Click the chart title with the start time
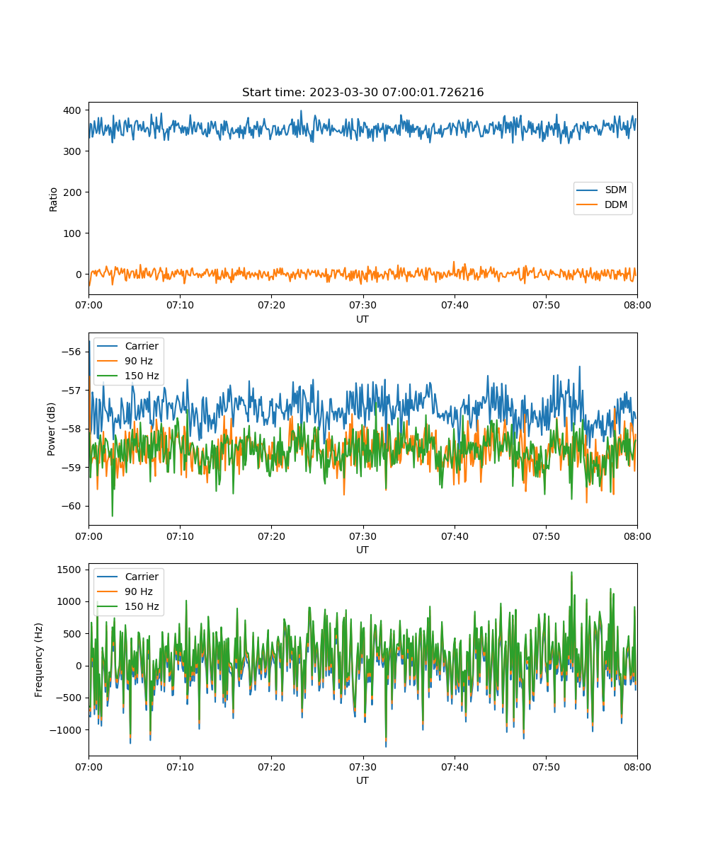tap(362, 92)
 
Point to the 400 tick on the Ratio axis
tap(72, 110)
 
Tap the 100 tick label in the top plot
tap(72, 233)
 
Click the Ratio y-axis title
tap(53, 200)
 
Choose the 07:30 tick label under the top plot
tap(362, 305)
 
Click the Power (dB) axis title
tap(51, 429)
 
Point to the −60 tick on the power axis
tap(71, 507)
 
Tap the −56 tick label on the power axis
tap(71, 352)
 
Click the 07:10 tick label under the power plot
tap(180, 536)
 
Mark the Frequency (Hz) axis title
tap(38, 660)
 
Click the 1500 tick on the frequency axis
tap(69, 570)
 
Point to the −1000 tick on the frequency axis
tap(65, 730)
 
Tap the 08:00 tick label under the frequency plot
tap(637, 767)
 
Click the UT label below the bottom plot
tap(362, 780)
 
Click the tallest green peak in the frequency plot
tap(571, 572)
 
